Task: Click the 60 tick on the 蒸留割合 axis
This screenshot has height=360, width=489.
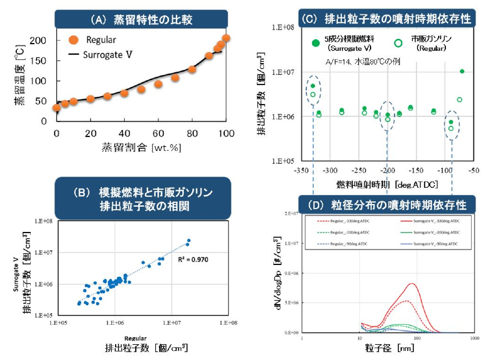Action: click(158, 133)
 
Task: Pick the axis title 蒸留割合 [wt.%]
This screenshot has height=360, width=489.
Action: click(141, 148)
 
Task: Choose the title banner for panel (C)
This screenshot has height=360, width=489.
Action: click(386, 19)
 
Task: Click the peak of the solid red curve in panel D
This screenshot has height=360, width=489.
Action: click(412, 284)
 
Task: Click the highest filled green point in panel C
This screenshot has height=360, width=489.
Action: click(462, 71)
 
